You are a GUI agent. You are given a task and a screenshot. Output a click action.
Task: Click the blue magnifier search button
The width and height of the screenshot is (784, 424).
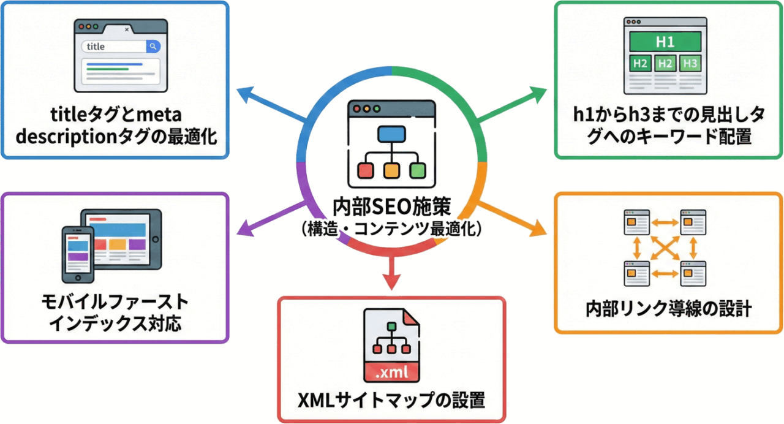click(x=153, y=47)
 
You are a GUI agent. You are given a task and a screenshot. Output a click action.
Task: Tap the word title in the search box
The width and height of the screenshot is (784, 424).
click(x=97, y=47)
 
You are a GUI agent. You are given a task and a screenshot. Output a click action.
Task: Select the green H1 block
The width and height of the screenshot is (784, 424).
click(x=665, y=42)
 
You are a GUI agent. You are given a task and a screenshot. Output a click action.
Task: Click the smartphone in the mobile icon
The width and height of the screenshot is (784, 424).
click(x=78, y=252)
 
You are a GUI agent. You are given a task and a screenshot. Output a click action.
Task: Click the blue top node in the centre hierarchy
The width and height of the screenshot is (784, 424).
click(x=392, y=133)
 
